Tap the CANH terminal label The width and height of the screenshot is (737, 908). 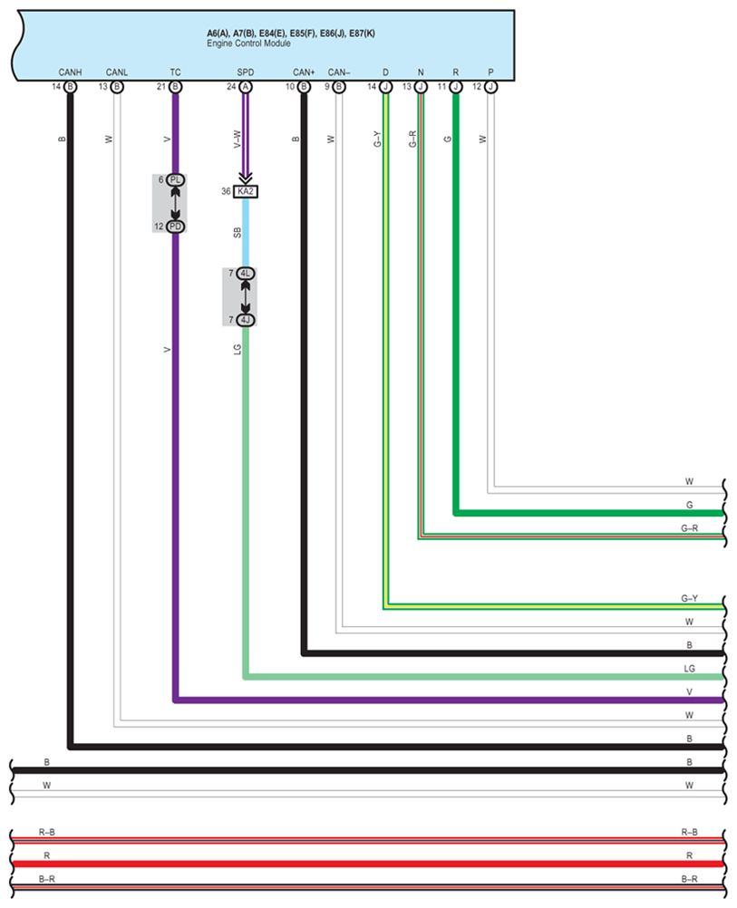click(x=70, y=72)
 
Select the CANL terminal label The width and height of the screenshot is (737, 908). click(x=117, y=72)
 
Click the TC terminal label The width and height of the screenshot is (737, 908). click(x=175, y=72)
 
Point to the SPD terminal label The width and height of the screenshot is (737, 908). click(x=245, y=72)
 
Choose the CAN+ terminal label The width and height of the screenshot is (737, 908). click(x=304, y=72)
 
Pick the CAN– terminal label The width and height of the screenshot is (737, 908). click(x=338, y=72)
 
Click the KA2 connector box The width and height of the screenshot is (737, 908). click(x=245, y=191)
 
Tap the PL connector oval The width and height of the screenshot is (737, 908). click(x=175, y=180)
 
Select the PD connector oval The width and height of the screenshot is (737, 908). click(x=175, y=227)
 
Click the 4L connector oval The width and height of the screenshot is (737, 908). click(x=246, y=273)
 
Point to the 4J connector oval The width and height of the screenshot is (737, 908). click(x=246, y=320)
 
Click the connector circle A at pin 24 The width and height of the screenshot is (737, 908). click(x=245, y=87)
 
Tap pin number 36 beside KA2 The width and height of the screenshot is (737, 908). click(x=226, y=191)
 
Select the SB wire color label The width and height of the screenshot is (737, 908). click(x=238, y=233)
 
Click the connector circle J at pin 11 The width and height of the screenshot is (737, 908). click(x=455, y=87)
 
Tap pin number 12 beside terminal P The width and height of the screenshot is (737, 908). click(x=477, y=87)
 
